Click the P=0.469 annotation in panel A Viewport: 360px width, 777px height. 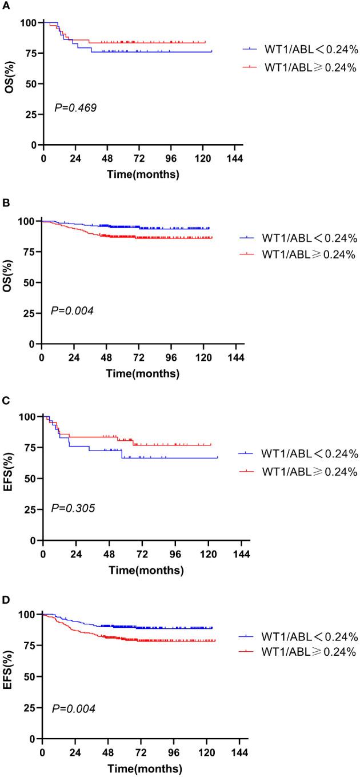75,107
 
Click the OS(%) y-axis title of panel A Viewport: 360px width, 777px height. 11,83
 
